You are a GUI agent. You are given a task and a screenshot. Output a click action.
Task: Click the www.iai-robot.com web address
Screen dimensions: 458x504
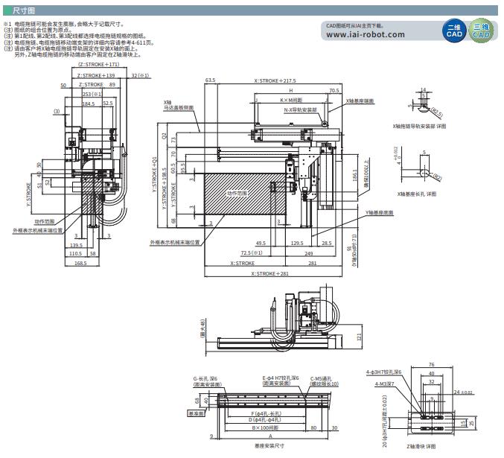click(x=366, y=35)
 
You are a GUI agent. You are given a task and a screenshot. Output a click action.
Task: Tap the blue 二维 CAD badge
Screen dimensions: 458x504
click(x=452, y=32)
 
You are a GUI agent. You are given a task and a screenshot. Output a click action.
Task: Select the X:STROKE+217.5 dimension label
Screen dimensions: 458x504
click(x=275, y=80)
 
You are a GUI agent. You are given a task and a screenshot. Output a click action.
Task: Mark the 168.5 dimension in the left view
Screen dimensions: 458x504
click(x=80, y=261)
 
